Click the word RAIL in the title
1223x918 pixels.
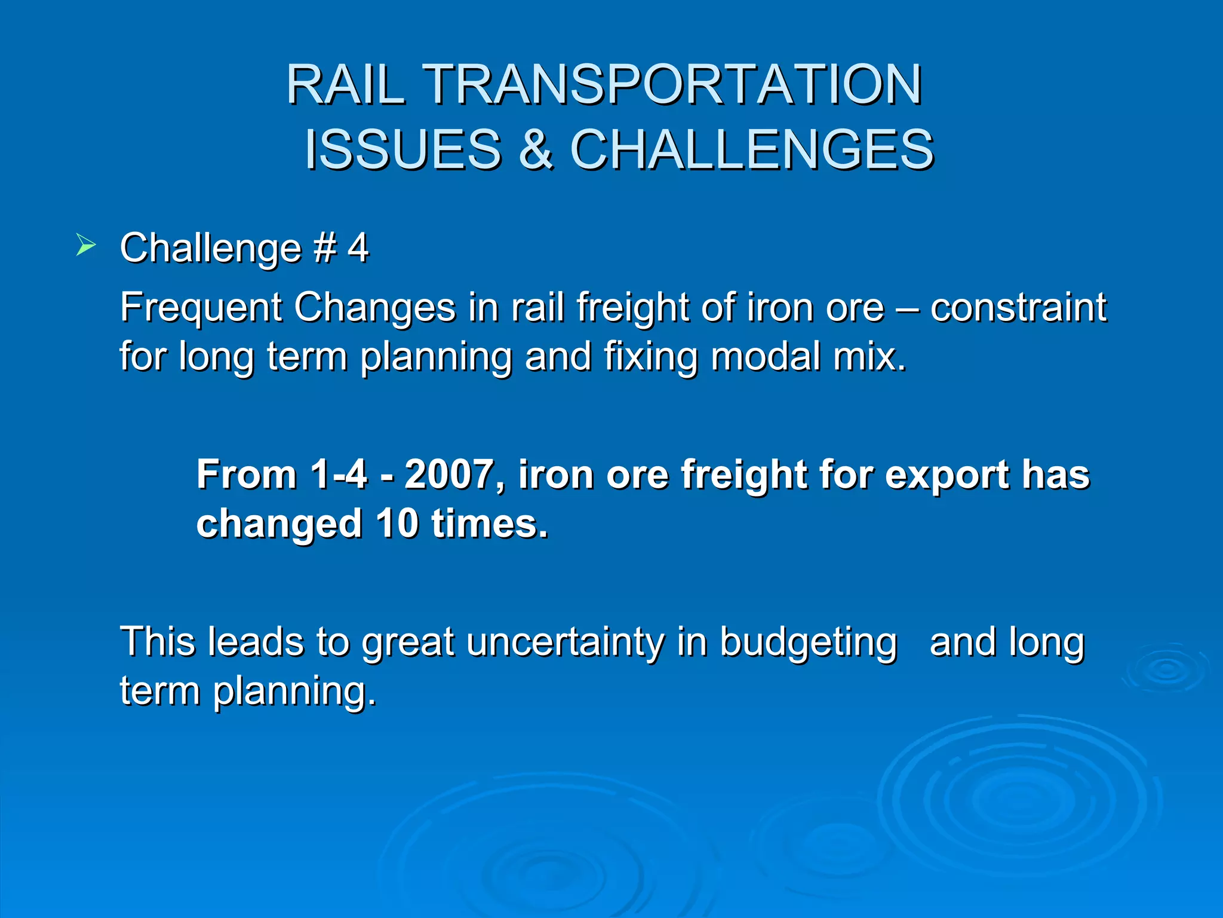pyautogui.click(x=346, y=85)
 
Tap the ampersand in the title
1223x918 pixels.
pyautogui.click(x=536, y=149)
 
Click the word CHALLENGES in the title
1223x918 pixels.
pyautogui.click(x=752, y=149)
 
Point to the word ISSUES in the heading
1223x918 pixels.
pyautogui.click(x=403, y=149)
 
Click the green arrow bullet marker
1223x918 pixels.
pyautogui.click(x=85, y=246)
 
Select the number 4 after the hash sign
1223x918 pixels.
pyautogui.click(x=358, y=247)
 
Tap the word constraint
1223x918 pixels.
pyautogui.click(x=1018, y=307)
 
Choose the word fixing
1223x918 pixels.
pyautogui.click(x=650, y=357)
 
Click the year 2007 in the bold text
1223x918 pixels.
pyautogui.click(x=454, y=475)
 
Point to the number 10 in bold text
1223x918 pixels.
pyautogui.click(x=397, y=524)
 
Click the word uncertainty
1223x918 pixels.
pyautogui.click(x=565, y=643)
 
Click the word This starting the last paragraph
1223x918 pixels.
pyautogui.click(x=158, y=642)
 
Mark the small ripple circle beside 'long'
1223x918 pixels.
pyautogui.click(x=1165, y=669)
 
